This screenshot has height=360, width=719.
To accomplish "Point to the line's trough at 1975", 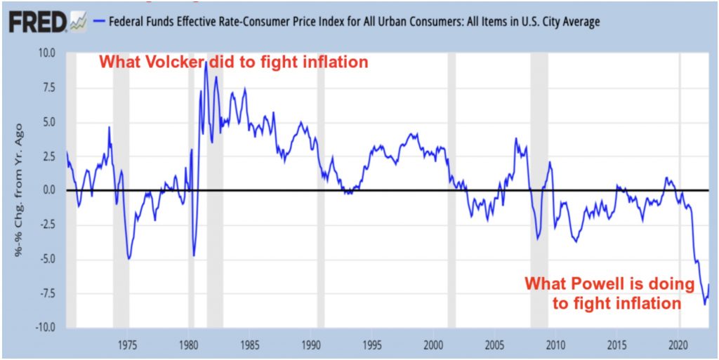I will point(128,258).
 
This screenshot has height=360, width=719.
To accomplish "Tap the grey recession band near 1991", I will point(321,189).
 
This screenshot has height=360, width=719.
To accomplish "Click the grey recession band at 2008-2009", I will point(539,189).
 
